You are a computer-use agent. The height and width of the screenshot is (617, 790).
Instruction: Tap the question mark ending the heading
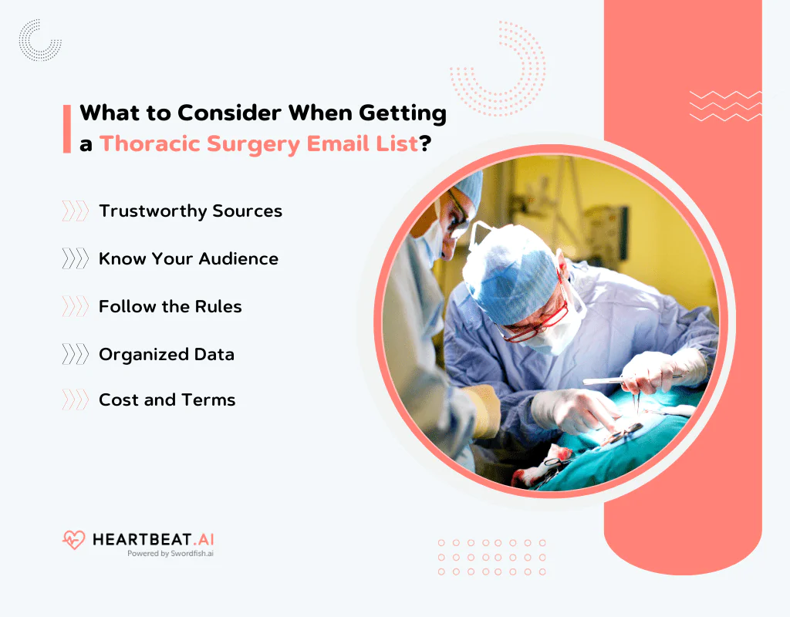pyautogui.click(x=425, y=143)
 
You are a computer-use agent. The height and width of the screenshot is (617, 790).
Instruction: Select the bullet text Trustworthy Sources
pyautogui.click(x=191, y=211)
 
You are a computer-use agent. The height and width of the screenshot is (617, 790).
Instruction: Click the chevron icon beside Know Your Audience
pyautogui.click(x=75, y=258)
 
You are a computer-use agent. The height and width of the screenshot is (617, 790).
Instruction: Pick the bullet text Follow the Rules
pyautogui.click(x=170, y=306)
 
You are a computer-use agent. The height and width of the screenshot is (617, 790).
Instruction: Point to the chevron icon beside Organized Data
pyautogui.click(x=75, y=354)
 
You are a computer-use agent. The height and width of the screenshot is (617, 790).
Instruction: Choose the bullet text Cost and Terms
pyautogui.click(x=167, y=400)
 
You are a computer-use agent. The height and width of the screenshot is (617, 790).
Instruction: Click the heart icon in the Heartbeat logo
pyautogui.click(x=73, y=540)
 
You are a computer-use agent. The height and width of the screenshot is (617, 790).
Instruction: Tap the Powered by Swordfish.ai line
pyautogui.click(x=170, y=554)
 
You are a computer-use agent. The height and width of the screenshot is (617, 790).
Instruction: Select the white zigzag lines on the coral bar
pyautogui.click(x=725, y=106)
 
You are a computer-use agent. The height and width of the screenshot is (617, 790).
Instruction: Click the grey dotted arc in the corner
pyautogui.click(x=39, y=42)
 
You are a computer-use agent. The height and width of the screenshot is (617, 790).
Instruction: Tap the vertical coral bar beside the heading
pyautogui.click(x=67, y=129)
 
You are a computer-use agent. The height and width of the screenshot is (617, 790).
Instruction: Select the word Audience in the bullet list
pyautogui.click(x=238, y=259)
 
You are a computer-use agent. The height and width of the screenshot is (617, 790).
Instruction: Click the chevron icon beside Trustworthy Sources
pyautogui.click(x=75, y=211)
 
